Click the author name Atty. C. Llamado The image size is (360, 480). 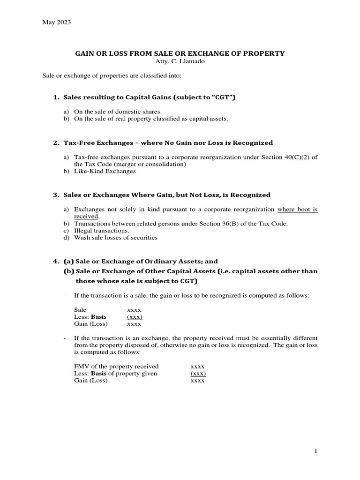(180, 62)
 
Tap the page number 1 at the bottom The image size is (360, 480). (316, 450)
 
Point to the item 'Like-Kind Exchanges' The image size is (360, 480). (105, 172)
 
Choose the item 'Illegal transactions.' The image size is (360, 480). (102, 231)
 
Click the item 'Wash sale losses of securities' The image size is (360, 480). (116, 238)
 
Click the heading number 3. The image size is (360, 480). (55, 195)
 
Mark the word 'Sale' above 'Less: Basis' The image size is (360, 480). (81, 310)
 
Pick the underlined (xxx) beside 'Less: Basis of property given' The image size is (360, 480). (198, 374)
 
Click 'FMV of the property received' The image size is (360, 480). (116, 366)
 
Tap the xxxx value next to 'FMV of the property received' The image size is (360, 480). (198, 366)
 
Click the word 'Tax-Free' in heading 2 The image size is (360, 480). (78, 142)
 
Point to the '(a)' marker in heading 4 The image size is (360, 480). (68, 261)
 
